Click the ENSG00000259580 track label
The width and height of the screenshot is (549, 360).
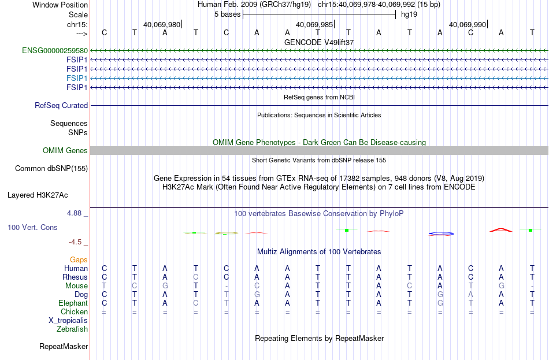coord(55,51)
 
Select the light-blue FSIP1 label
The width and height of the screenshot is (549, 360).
coord(77,78)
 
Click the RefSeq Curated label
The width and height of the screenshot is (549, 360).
coord(61,105)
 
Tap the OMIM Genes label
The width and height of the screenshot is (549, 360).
coord(65,151)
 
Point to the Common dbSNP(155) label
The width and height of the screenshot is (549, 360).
coord(51,169)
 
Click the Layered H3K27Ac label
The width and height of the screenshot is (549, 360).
coord(38,195)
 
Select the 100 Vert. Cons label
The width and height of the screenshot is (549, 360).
coord(32,228)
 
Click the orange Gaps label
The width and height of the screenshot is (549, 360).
coord(79,260)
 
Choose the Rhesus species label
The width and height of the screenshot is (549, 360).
coord(75,277)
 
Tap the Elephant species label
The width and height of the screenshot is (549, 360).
coord(73,303)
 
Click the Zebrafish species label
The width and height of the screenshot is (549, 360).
coord(72,329)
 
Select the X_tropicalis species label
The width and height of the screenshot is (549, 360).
coord(68,321)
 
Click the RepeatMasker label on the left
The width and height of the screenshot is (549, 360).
coord(64,347)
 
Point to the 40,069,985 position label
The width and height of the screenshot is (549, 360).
coord(314,24)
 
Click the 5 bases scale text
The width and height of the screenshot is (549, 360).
coord(228,14)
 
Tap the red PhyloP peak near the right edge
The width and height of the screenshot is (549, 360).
coord(500,230)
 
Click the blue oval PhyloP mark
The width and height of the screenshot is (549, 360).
coord(441,233)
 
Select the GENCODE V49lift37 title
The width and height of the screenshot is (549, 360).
coord(319,42)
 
